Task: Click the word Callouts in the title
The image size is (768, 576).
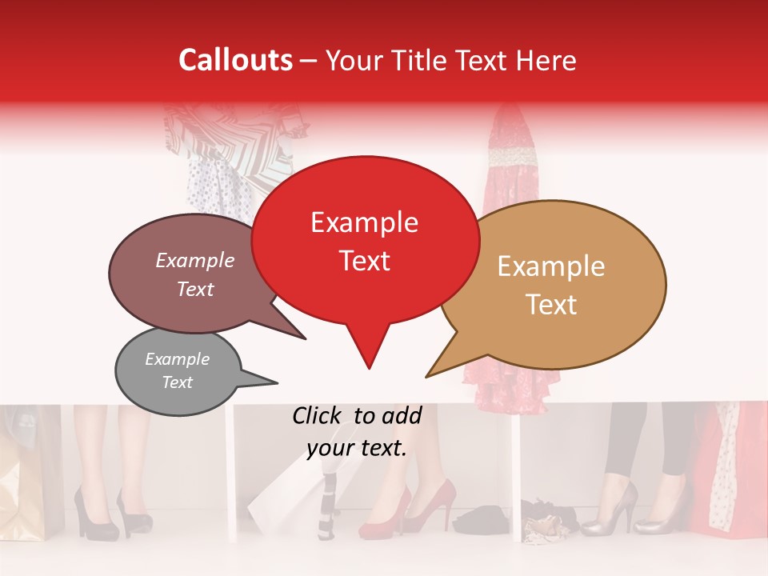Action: click(x=235, y=60)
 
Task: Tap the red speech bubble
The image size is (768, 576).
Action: click(x=365, y=240)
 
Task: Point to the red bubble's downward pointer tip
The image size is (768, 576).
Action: click(x=368, y=368)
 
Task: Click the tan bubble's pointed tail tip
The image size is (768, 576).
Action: click(x=427, y=376)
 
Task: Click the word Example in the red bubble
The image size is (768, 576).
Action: click(x=364, y=222)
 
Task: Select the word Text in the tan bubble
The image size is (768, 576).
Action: click(x=552, y=305)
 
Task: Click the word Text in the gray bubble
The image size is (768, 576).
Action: click(x=178, y=382)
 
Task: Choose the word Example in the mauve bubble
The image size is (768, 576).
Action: click(x=195, y=260)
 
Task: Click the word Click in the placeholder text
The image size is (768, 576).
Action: click(x=318, y=415)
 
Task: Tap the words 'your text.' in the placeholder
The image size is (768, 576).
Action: click(x=357, y=449)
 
